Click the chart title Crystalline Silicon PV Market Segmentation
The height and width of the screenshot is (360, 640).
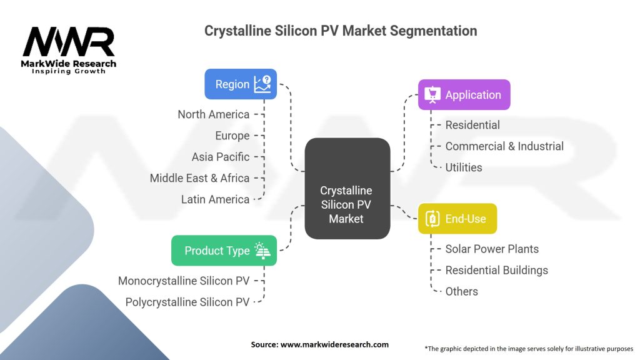tap(341, 31)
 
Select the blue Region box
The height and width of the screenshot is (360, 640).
tap(241, 84)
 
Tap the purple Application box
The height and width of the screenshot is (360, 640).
tap(464, 95)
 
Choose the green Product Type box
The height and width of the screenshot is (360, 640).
tap(224, 251)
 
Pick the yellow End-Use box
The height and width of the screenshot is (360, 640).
tap(457, 219)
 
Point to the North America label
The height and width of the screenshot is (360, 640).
tap(213, 114)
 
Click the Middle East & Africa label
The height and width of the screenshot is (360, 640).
tap(199, 178)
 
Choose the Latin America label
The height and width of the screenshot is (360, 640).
tap(215, 199)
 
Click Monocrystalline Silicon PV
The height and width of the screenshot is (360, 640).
tap(184, 281)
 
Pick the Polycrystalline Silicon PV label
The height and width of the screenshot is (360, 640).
tap(187, 302)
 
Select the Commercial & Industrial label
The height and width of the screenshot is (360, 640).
tap(504, 146)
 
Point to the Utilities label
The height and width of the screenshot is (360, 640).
tap(463, 167)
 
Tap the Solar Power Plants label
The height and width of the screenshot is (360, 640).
tap(492, 249)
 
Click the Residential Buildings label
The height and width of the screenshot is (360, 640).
tap(496, 270)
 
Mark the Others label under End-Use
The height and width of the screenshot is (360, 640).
tap(461, 291)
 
